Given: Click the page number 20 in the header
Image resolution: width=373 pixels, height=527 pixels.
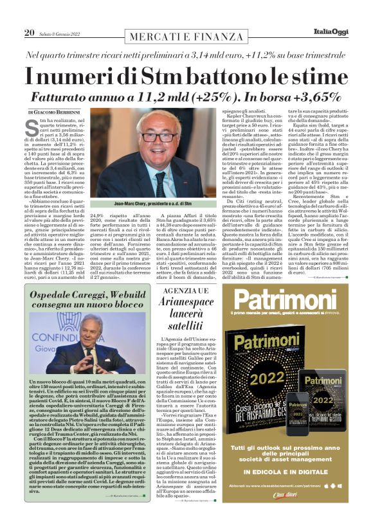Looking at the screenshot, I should click(29, 33).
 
